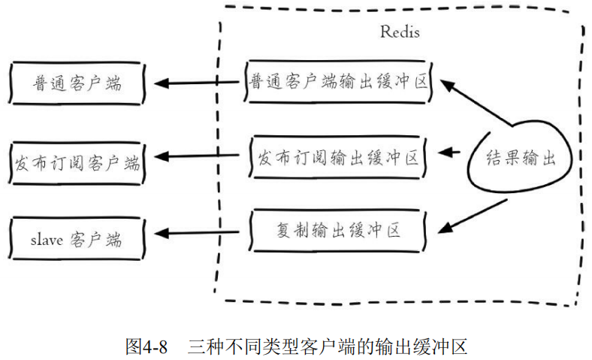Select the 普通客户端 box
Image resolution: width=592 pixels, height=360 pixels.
[x=77, y=83]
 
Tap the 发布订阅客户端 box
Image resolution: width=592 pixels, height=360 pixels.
[x=77, y=160]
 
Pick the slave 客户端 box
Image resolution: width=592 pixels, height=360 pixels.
[x=77, y=239]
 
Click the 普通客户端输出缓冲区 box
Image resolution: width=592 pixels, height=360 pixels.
[x=338, y=81]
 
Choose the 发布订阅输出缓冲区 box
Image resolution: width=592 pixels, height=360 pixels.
[x=338, y=158]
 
